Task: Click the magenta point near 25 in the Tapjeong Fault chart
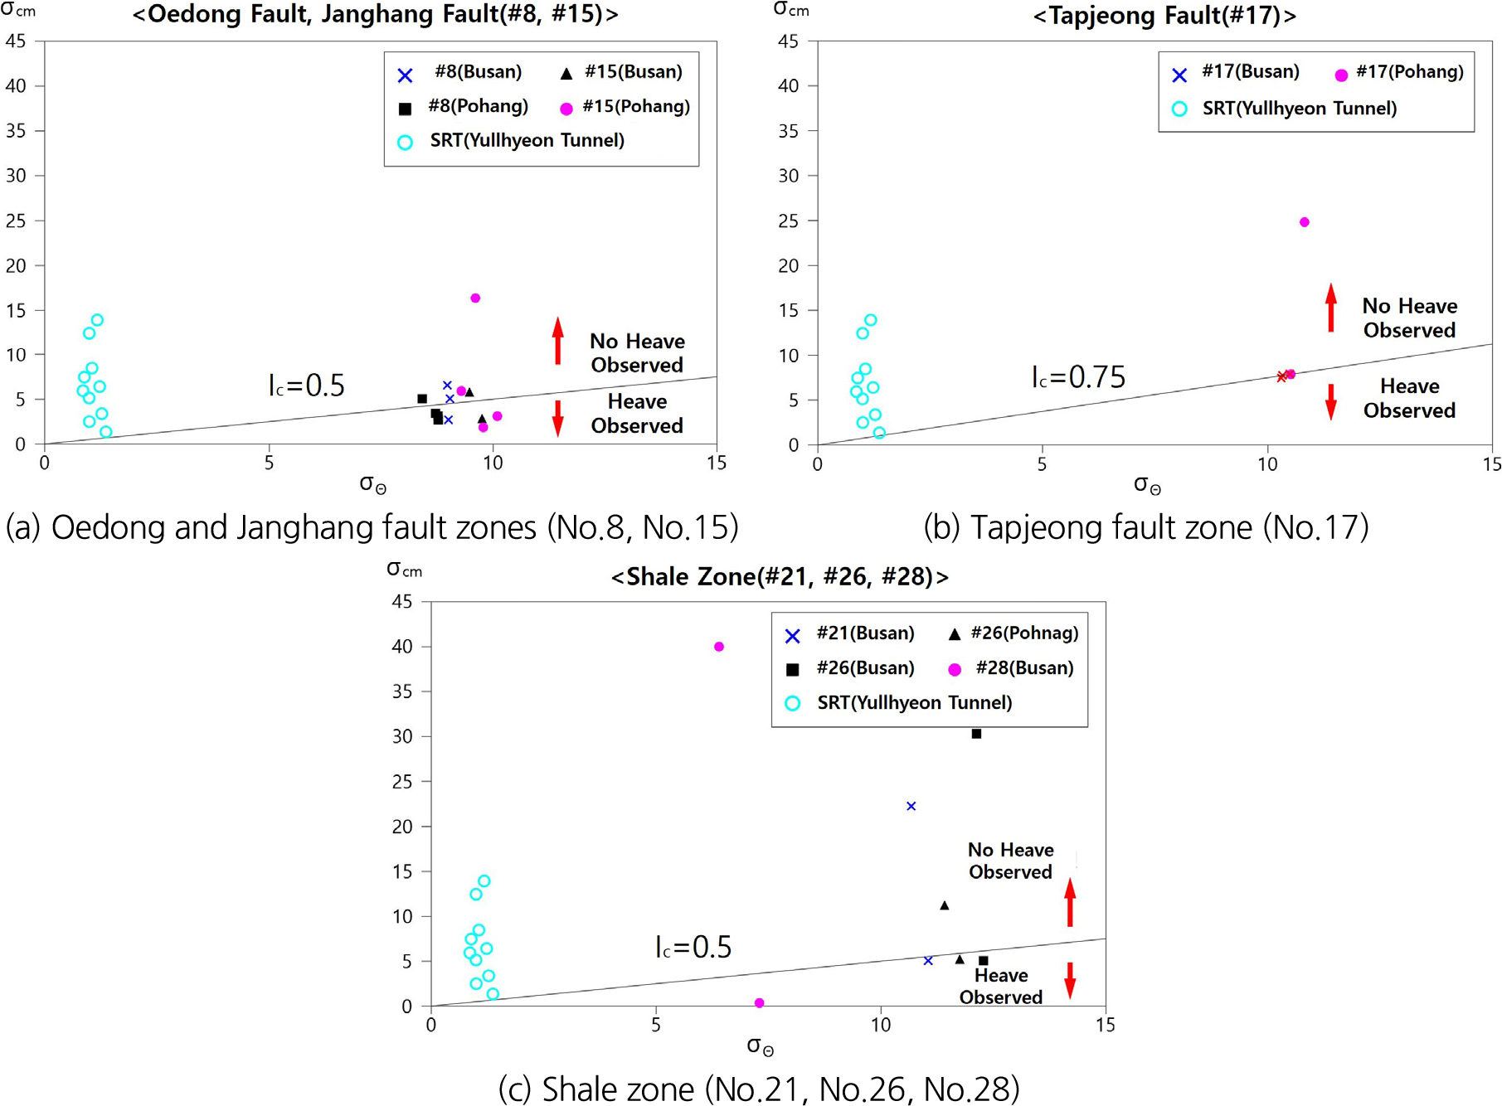pyautogui.click(x=1304, y=222)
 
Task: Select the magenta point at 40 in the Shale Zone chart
pyautogui.click(x=719, y=647)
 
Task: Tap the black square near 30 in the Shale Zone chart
pyautogui.click(x=976, y=734)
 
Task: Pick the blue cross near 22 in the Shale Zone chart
pyautogui.click(x=911, y=806)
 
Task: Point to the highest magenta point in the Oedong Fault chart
pyautogui.click(x=475, y=298)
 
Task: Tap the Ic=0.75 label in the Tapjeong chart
pyautogui.click(x=1078, y=377)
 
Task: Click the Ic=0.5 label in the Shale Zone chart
pyautogui.click(x=693, y=947)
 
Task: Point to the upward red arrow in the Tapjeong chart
pyautogui.click(x=1330, y=308)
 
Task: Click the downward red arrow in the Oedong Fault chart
pyautogui.click(x=558, y=418)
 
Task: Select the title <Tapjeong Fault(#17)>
pyautogui.click(x=1164, y=16)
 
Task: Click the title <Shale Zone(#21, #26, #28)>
pyautogui.click(x=780, y=576)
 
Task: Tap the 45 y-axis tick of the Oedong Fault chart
pyautogui.click(x=16, y=41)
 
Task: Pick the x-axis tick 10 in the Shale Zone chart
pyautogui.click(x=880, y=1026)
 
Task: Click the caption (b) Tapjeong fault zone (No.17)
pyautogui.click(x=1145, y=527)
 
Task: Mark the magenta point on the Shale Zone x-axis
pyautogui.click(x=759, y=1003)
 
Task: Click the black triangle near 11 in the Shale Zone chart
pyautogui.click(x=944, y=905)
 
